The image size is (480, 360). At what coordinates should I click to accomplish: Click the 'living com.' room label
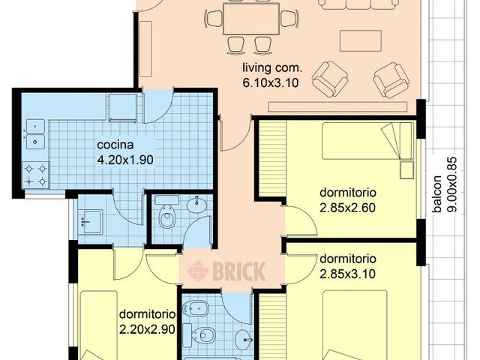click(x=270, y=70)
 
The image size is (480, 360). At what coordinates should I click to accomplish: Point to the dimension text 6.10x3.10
click(x=270, y=83)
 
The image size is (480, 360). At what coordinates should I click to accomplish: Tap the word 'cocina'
click(x=115, y=145)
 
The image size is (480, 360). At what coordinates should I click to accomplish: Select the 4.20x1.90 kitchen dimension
click(x=126, y=160)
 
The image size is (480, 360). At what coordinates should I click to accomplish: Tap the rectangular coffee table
click(x=355, y=39)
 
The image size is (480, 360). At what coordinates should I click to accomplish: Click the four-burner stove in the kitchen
click(x=35, y=175)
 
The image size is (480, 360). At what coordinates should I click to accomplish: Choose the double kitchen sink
click(x=34, y=133)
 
